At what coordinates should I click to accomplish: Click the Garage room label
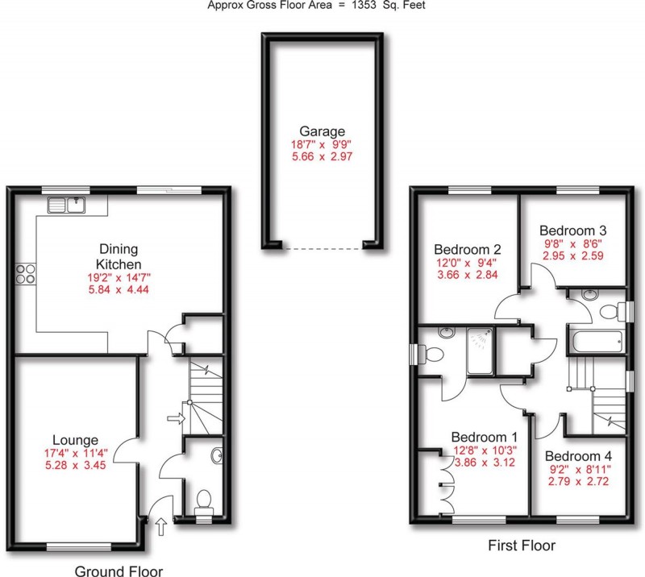point(322,131)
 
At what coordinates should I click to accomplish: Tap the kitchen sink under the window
point(68,205)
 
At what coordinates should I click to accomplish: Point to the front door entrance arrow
point(160,528)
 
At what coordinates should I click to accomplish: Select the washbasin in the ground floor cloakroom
point(217,457)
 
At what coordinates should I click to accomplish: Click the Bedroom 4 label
point(574,455)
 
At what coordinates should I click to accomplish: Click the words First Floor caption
point(522,546)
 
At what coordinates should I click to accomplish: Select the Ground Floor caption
point(119,571)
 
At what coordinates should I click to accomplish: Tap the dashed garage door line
point(322,248)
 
